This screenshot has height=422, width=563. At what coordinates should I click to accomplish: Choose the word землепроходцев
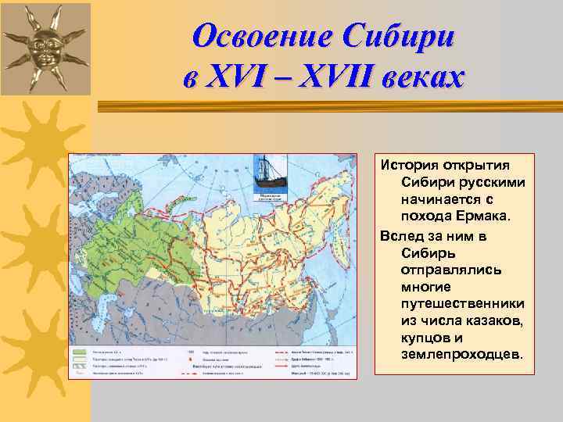461,355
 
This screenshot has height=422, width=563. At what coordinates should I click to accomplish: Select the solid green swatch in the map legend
80,352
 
